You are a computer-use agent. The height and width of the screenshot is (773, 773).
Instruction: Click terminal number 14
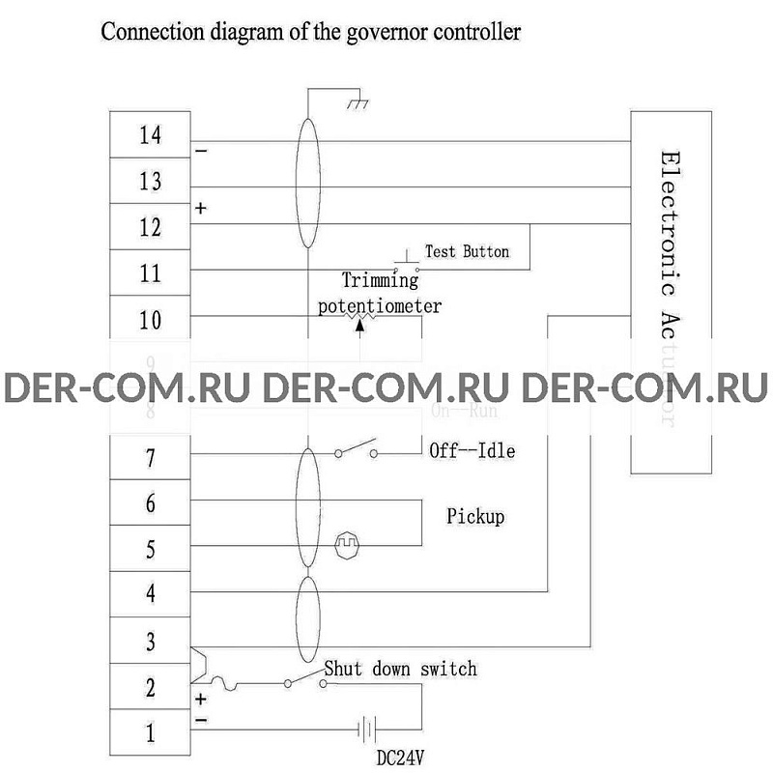pyautogui.click(x=150, y=135)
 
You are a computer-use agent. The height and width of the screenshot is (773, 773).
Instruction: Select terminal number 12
pyautogui.click(x=150, y=228)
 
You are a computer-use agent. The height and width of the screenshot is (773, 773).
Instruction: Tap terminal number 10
pyautogui.click(x=150, y=320)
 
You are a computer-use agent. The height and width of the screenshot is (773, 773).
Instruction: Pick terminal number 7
pyautogui.click(x=150, y=458)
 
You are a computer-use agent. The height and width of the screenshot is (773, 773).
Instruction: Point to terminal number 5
pyautogui.click(x=150, y=550)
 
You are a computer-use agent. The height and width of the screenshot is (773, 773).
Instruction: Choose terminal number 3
pyautogui.click(x=150, y=641)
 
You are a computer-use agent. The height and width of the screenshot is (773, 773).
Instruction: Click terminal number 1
pyautogui.click(x=150, y=733)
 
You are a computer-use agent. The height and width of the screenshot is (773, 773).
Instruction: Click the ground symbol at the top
pyautogui.click(x=358, y=100)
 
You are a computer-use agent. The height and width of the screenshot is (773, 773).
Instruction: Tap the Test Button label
pyautogui.click(x=467, y=251)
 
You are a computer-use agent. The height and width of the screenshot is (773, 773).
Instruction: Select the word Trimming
pyautogui.click(x=381, y=280)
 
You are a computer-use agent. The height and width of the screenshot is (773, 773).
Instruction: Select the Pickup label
pyautogui.click(x=475, y=517)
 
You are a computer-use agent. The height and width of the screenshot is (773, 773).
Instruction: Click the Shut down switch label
pyautogui.click(x=400, y=669)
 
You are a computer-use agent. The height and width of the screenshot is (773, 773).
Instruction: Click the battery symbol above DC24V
pyautogui.click(x=366, y=728)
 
